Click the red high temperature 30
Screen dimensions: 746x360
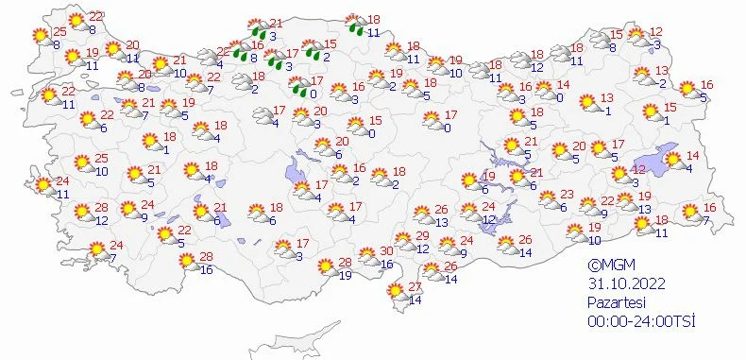[x=386, y=251]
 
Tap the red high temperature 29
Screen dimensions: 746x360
[x=422, y=235]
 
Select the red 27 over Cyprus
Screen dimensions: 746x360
[x=413, y=287]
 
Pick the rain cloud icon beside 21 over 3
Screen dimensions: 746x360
[x=254, y=26]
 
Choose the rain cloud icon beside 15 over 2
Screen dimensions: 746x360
[x=309, y=48]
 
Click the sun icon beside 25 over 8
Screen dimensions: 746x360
[x=41, y=36]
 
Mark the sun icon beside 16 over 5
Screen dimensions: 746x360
[x=687, y=90]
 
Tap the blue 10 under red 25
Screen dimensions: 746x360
[x=101, y=171]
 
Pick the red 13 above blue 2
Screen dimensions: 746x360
[x=662, y=71]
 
